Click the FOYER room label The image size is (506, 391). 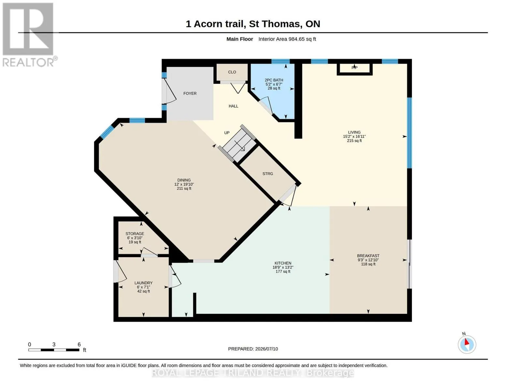190,94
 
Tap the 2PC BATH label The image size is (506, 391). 274,80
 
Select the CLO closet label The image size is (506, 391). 232,72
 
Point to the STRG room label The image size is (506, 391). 267,174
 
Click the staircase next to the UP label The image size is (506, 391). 237,144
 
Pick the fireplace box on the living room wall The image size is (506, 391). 354,69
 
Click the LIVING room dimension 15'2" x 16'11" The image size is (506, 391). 354,137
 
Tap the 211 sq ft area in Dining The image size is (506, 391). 184,188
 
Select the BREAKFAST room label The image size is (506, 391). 368,256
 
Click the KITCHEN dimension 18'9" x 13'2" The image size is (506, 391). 283,267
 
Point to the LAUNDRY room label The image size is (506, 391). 143,283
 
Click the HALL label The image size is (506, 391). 233,106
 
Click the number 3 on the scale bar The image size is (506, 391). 54,344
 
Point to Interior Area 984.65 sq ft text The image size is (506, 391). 287,39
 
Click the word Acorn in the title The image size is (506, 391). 208,24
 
